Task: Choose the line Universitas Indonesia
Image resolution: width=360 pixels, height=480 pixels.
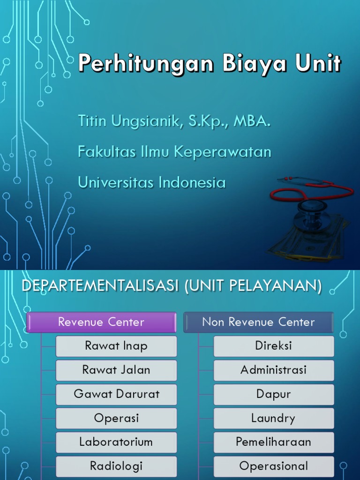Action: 151,182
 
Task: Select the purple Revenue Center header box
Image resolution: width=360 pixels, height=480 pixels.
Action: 101,322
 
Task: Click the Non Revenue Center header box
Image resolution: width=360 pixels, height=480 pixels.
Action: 258,322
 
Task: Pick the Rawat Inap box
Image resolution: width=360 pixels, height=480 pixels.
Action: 116,346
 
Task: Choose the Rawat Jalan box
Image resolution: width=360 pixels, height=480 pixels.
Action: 116,370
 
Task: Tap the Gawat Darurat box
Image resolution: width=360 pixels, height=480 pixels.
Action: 116,394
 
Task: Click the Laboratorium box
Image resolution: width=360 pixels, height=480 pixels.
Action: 116,442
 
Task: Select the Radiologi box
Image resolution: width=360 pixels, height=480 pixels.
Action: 116,466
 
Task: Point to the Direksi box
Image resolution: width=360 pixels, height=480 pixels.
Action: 274,346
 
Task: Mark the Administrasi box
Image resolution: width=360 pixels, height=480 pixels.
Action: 274,370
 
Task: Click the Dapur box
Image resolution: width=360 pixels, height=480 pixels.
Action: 274,394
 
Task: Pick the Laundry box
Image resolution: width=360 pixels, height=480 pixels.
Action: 274,418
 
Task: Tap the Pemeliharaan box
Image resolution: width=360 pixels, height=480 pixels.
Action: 274,442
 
